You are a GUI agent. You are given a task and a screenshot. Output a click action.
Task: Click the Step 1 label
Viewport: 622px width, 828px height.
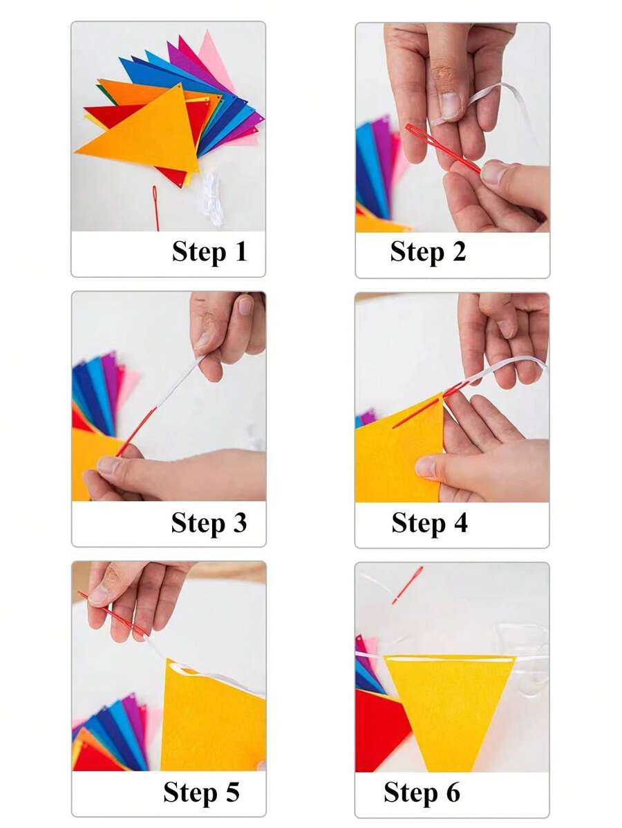click(x=209, y=252)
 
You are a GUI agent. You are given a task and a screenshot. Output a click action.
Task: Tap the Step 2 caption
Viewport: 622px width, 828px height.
click(x=428, y=252)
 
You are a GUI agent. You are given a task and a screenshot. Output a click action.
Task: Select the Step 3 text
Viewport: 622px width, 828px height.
click(x=209, y=523)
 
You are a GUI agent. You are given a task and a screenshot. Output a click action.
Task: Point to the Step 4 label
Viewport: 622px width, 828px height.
click(x=429, y=523)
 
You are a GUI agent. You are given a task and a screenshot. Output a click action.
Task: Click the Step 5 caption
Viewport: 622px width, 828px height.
click(x=201, y=792)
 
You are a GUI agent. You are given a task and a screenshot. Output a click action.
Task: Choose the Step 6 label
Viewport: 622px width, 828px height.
click(x=422, y=792)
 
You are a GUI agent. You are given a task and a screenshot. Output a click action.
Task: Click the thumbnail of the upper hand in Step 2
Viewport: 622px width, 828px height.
click(x=451, y=106)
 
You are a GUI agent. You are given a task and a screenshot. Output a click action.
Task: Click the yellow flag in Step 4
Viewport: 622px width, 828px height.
click(x=397, y=456)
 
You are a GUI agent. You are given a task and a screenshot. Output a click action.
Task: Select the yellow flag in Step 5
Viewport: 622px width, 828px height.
click(x=211, y=719)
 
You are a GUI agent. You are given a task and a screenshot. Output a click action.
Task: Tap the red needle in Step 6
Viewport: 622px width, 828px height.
click(x=407, y=585)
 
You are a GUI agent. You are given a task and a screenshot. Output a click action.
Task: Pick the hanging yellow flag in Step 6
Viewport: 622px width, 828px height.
click(x=448, y=705)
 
